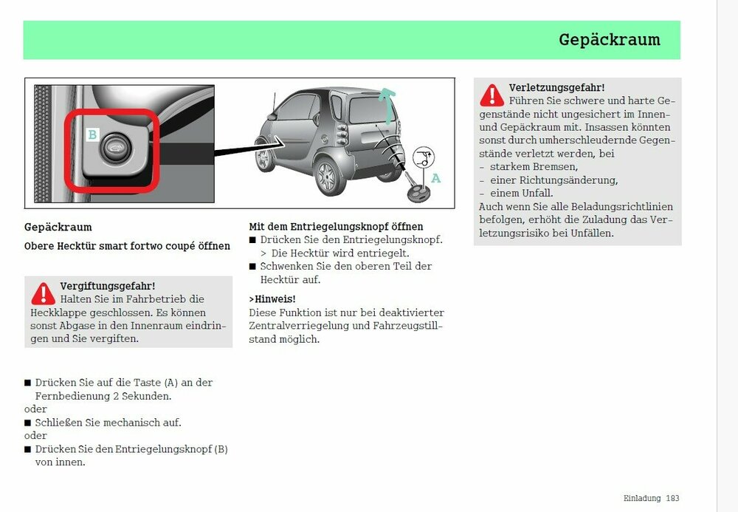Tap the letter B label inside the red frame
pos(92,134)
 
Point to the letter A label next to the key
pos(435,178)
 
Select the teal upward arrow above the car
pos(385,103)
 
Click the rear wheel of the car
pos(326,178)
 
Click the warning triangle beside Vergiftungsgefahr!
pos(43,293)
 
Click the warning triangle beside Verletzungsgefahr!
pos(492,95)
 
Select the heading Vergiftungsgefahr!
pos(107,285)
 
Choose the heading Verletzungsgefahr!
pos(556,87)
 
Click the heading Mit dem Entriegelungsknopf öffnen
pos(336,226)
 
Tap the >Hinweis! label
pos(272,298)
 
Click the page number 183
pos(672,498)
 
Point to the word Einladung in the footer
pos(642,498)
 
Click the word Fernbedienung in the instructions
pos(68,395)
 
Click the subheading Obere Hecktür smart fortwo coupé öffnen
pos(127,246)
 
